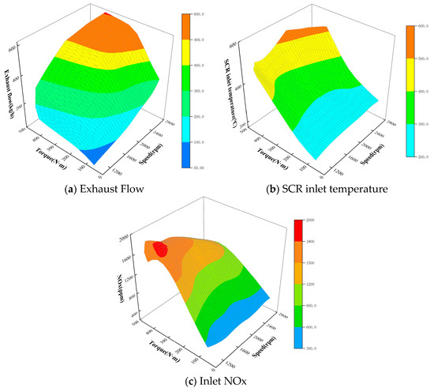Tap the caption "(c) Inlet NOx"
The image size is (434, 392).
tap(215, 385)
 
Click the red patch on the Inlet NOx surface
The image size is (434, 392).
tap(161, 249)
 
